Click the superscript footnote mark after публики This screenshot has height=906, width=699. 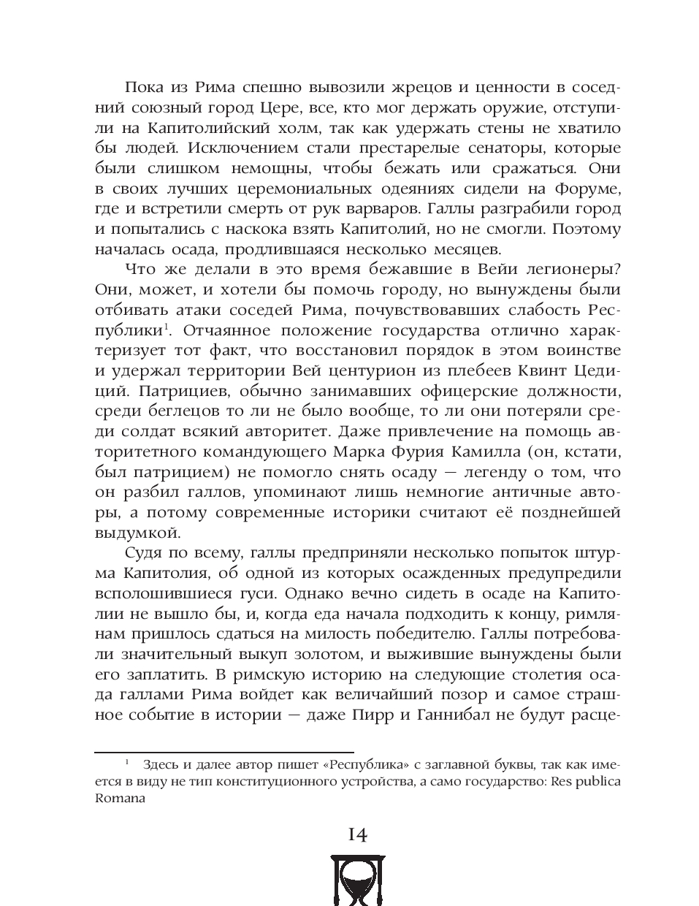point(167,326)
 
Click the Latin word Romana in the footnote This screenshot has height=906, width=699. point(121,798)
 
